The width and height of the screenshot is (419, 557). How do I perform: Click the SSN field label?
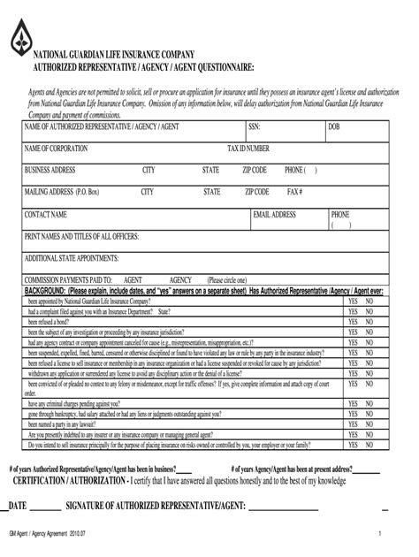tap(254, 126)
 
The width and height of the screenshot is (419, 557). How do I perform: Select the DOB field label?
tap(333, 126)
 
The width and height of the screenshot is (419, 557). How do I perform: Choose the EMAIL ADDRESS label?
tap(274, 214)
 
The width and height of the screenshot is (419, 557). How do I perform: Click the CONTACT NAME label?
tap(46, 214)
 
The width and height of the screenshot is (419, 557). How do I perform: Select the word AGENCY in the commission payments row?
tap(180, 278)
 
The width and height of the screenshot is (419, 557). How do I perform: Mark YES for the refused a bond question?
tap(353, 323)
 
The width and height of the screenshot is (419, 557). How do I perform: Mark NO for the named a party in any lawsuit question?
tap(370, 425)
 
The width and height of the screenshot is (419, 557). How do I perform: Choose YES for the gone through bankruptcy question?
tap(353, 414)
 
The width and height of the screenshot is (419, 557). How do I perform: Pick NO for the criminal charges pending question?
tap(370, 403)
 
